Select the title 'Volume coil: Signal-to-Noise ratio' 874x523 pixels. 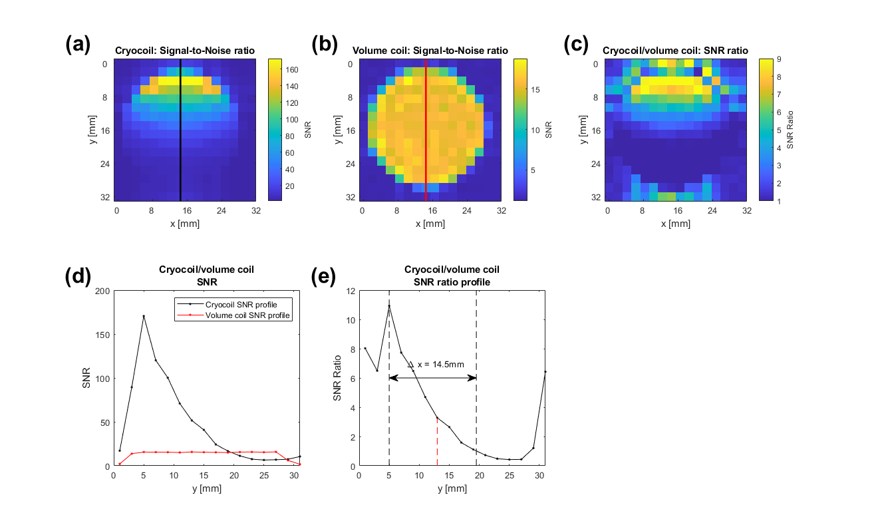[430, 51]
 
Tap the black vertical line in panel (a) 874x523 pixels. [180, 133]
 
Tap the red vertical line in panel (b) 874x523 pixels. [426, 133]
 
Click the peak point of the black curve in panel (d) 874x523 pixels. [144, 316]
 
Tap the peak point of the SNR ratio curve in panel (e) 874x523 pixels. [389, 306]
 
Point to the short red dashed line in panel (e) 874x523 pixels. [437, 442]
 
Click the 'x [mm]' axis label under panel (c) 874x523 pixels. [676, 224]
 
